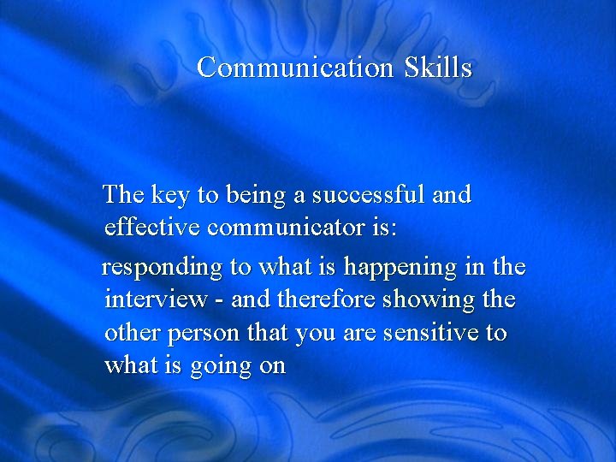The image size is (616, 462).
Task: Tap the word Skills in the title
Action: pos(438,67)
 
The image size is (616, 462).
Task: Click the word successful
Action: pos(369,195)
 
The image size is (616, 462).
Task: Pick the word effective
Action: pos(152,228)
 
